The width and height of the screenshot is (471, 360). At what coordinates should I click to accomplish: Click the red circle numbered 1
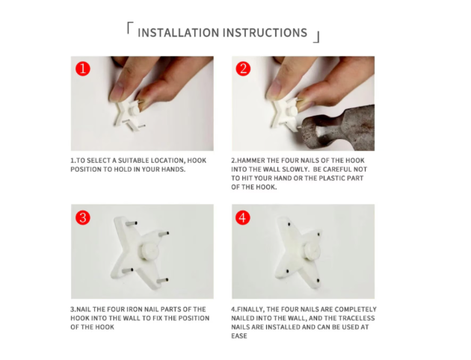pyautogui.click(x=82, y=69)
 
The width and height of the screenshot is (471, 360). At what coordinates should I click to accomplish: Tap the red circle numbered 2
pyautogui.click(x=243, y=69)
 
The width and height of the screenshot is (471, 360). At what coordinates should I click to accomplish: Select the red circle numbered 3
pyautogui.click(x=82, y=217)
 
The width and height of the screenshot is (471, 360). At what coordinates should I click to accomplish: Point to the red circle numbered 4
pyautogui.click(x=243, y=217)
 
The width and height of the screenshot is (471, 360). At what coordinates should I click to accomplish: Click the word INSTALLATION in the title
pyautogui.click(x=179, y=33)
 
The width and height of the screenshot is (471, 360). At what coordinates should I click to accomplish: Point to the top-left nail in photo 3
pyautogui.click(x=131, y=223)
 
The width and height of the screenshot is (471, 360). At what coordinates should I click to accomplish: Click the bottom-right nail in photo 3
pyautogui.click(x=162, y=281)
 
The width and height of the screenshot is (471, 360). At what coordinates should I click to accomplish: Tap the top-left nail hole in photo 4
pyautogui.click(x=289, y=224)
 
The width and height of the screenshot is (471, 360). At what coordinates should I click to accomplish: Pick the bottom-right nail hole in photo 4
pyautogui.click(x=318, y=281)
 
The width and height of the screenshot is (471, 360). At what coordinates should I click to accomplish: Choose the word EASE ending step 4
pyautogui.click(x=239, y=336)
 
